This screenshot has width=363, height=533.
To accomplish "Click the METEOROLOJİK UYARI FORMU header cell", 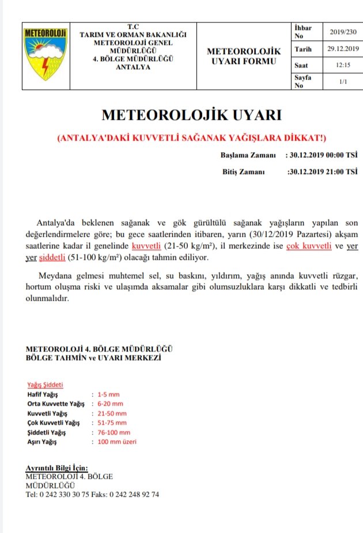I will [x=243, y=56].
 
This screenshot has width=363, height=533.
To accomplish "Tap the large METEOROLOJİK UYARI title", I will [x=191, y=115].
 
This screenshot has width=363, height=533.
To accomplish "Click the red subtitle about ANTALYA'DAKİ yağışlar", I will [x=192, y=139].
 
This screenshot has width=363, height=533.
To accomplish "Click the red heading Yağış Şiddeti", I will [x=46, y=384].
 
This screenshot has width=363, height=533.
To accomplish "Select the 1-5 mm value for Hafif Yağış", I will [x=108, y=395].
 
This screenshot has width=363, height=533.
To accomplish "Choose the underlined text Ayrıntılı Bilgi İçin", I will [x=57, y=468].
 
